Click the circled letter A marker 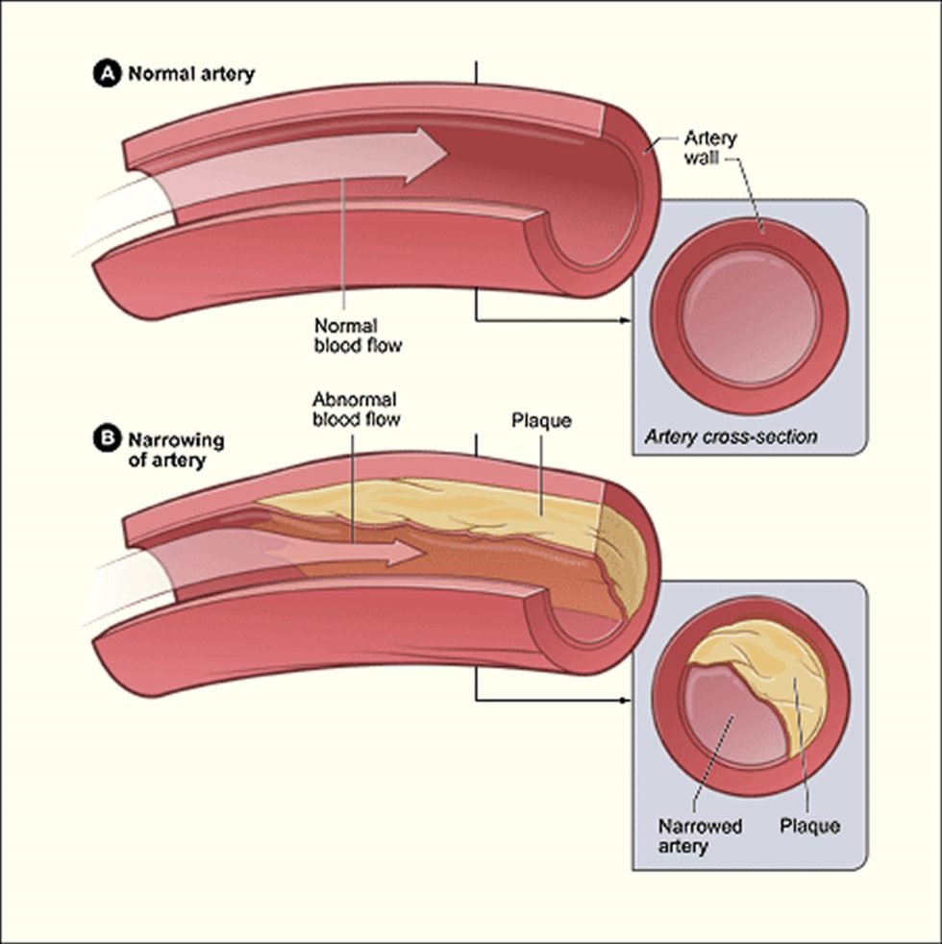(x=107, y=74)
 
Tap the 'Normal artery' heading (x=191, y=74)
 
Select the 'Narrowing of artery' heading (x=176, y=450)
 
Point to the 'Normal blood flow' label (x=359, y=335)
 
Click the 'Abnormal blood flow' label (x=356, y=410)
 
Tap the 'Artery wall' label (x=710, y=148)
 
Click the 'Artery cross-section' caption (x=731, y=436)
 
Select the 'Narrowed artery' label (x=700, y=835)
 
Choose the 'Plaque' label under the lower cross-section (x=809, y=826)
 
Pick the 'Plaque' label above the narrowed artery (x=541, y=420)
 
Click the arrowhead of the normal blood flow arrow (x=427, y=154)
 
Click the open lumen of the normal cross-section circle (x=751, y=316)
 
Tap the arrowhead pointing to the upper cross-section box (x=625, y=320)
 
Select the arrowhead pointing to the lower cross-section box (x=625, y=700)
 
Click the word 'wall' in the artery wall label (x=702, y=159)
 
